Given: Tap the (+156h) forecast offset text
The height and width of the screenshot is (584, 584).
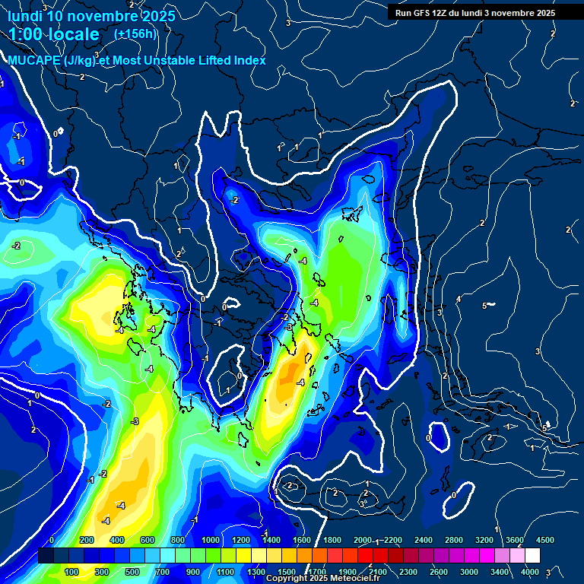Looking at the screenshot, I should (x=135, y=33).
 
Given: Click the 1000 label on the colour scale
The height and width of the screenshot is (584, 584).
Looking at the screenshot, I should (x=210, y=540).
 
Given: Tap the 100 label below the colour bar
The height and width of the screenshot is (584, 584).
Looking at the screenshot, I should (x=71, y=572).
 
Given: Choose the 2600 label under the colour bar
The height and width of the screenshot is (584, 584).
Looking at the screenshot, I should (x=439, y=572).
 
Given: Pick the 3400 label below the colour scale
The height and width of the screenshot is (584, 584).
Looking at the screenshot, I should (x=500, y=572).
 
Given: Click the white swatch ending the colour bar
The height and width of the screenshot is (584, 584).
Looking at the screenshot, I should (x=532, y=556).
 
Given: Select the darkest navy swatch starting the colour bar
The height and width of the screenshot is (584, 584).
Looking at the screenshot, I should (x=46, y=556).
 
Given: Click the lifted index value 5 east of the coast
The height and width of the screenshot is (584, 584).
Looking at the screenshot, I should (x=484, y=306).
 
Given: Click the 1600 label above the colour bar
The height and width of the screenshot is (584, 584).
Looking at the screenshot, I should (x=301, y=540).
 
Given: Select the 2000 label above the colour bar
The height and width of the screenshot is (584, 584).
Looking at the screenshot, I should (x=363, y=540).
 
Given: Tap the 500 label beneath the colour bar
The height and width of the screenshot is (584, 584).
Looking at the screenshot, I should (x=132, y=572).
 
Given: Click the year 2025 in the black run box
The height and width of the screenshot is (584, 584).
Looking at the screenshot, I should (x=543, y=13).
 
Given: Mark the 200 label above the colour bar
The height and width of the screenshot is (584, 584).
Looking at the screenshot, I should (x=87, y=540).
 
